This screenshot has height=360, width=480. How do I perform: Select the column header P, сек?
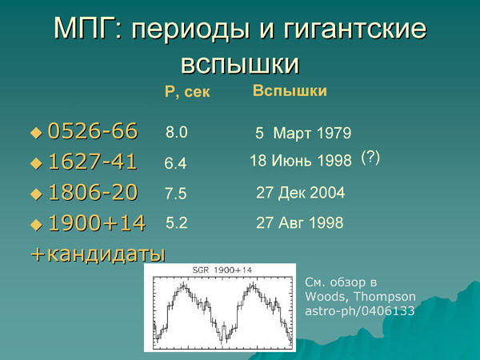click(187, 93)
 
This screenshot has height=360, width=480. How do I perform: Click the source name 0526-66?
click(93, 130)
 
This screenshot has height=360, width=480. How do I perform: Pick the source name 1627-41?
click(93, 162)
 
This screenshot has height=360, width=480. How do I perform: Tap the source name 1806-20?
click(93, 193)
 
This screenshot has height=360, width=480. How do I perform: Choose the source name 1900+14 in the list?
click(97, 224)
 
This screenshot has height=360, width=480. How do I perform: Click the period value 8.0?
click(177, 132)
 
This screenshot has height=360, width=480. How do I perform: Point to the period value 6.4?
click(175, 163)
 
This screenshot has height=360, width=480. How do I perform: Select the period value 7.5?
click(177, 194)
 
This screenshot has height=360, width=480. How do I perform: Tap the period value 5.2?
click(177, 224)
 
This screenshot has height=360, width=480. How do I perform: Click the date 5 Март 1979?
click(303, 133)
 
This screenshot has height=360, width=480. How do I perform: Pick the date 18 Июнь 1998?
click(301, 162)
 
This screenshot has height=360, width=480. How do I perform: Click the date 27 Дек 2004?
click(300, 193)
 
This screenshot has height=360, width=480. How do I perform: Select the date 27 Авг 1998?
click(299, 224)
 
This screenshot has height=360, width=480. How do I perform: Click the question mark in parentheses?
click(370, 158)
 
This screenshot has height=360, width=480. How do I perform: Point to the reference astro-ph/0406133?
click(360, 311)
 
